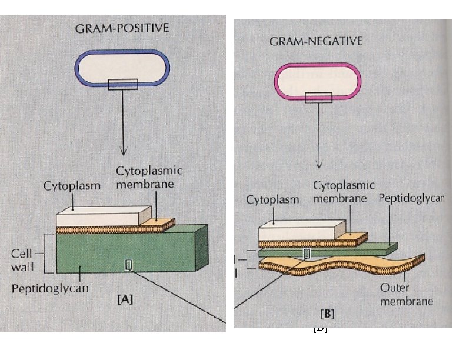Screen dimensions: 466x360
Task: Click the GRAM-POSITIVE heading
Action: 122,28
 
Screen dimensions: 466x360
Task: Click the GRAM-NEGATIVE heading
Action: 316,42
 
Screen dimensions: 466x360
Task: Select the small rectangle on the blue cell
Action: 123,84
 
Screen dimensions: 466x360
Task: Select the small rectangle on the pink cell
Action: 318,97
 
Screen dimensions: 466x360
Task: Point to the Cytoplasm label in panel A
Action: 72,186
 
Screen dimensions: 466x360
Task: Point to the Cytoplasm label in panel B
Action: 272,199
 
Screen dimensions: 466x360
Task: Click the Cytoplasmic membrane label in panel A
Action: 149,178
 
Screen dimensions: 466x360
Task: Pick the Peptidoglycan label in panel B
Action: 411,198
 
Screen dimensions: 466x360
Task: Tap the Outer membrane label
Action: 407,295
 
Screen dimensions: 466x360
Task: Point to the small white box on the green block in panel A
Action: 129,265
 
